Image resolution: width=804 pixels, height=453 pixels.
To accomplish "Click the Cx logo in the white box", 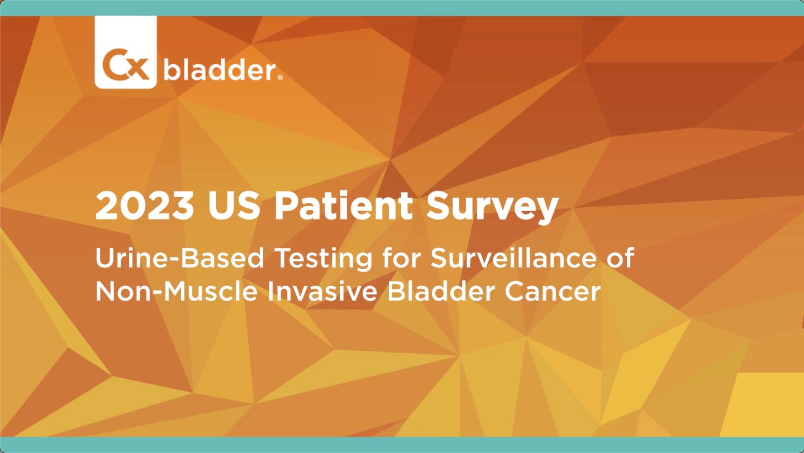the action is pos(126,66).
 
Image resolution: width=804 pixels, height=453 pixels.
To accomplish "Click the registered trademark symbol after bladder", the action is pos(280,77).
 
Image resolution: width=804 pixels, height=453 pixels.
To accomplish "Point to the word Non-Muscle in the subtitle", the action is pos(177,291).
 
